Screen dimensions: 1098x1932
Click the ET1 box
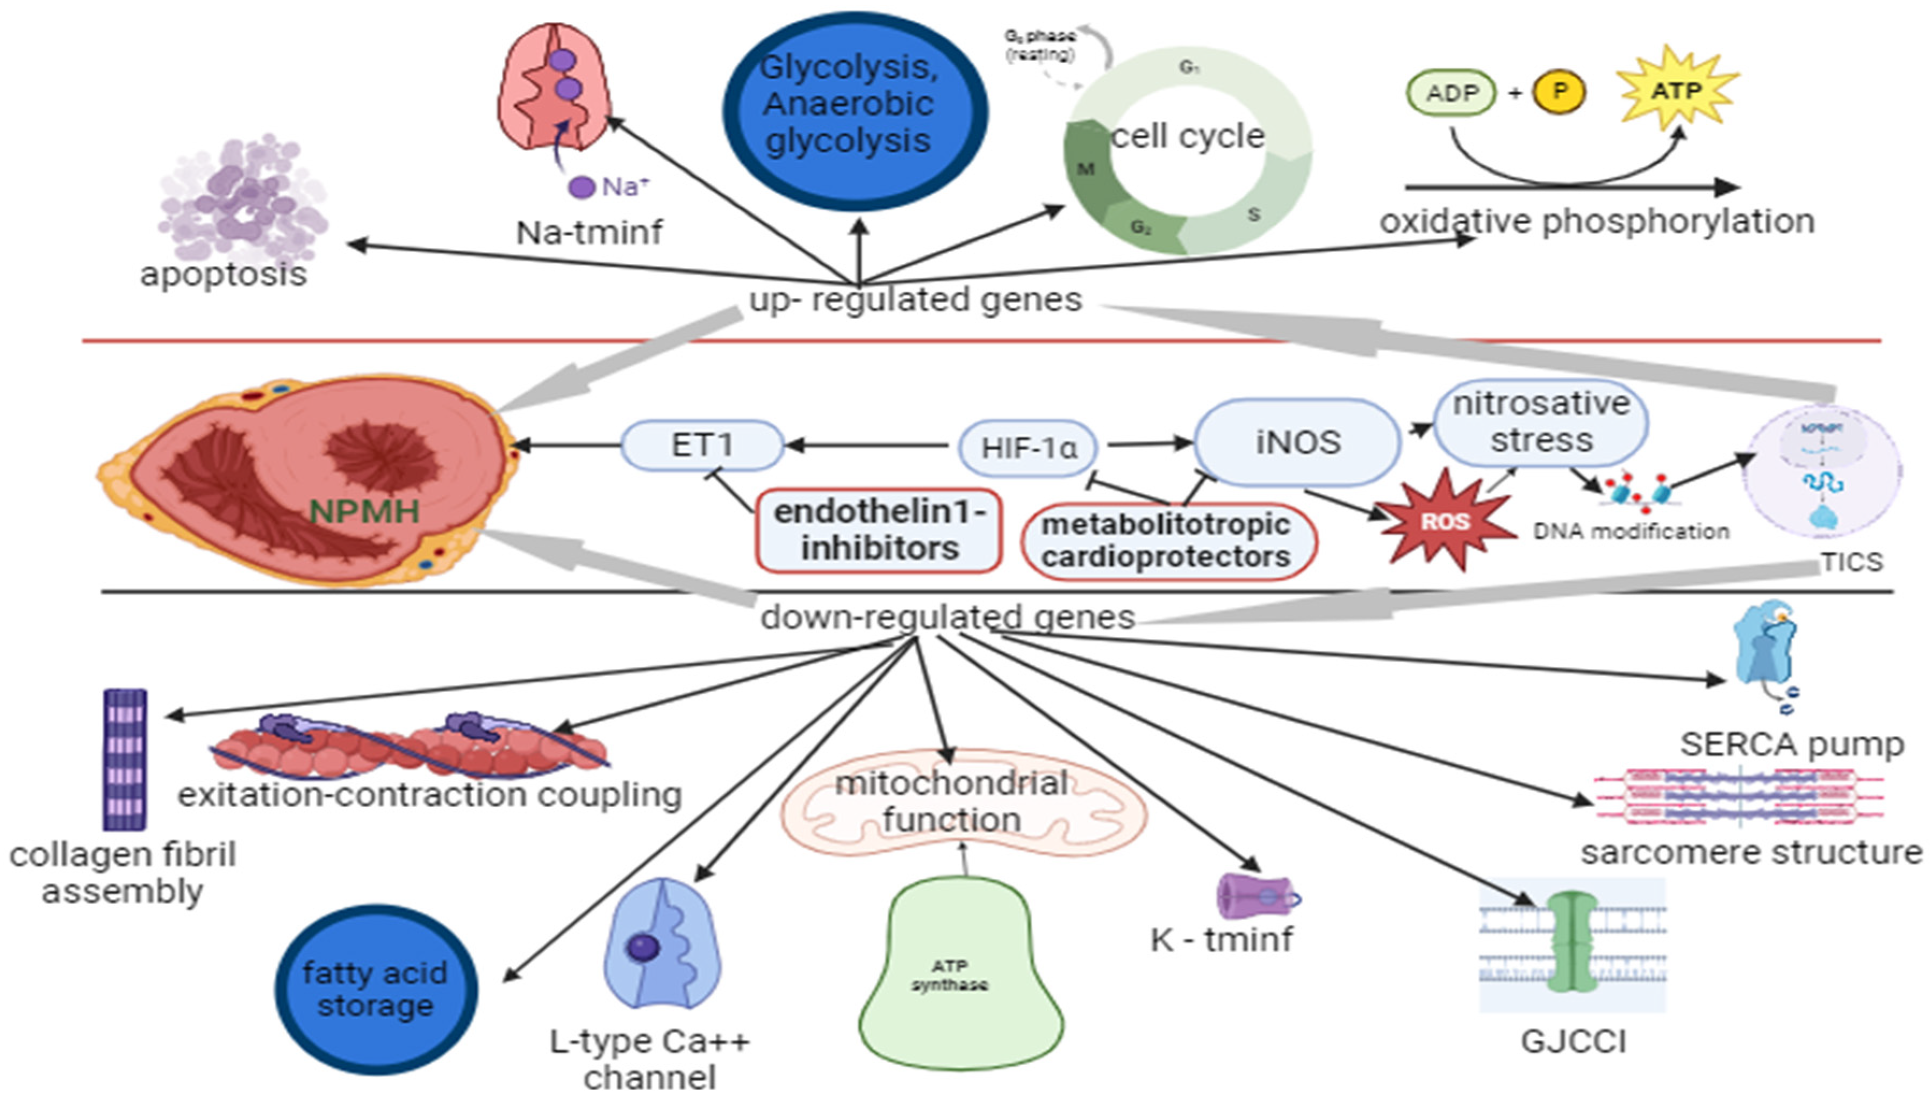[701, 445]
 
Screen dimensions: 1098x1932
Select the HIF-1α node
[1027, 448]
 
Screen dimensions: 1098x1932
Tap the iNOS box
[1297, 442]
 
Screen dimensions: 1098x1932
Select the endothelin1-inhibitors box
[879, 530]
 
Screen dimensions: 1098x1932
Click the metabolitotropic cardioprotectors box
[1167, 541]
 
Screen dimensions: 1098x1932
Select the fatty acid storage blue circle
[376, 989]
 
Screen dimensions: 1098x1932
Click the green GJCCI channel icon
[1572, 943]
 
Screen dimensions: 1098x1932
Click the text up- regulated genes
[915, 299]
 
